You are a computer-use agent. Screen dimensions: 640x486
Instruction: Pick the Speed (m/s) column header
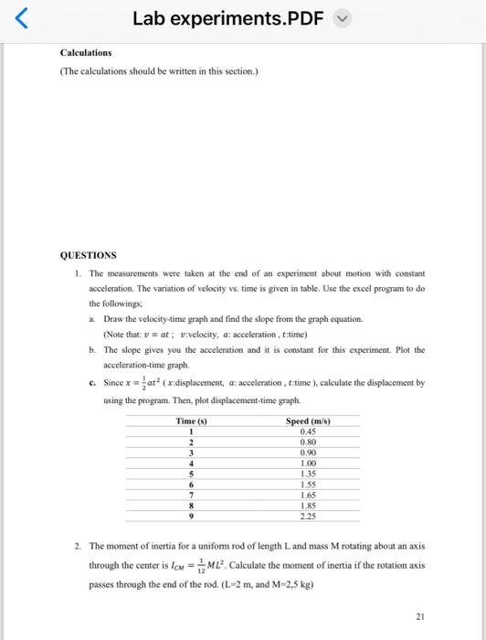tap(308, 421)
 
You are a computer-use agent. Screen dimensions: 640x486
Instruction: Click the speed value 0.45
tap(308, 432)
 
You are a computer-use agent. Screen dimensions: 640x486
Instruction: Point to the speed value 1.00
tap(308, 464)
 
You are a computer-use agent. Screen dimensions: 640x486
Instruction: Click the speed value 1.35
tap(308, 474)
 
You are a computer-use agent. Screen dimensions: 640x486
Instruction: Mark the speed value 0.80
tap(308, 442)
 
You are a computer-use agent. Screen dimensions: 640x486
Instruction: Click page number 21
tap(418, 617)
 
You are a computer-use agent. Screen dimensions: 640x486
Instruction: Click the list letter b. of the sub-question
tap(92, 349)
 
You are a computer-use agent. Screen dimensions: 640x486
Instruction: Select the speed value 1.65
tap(308, 495)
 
